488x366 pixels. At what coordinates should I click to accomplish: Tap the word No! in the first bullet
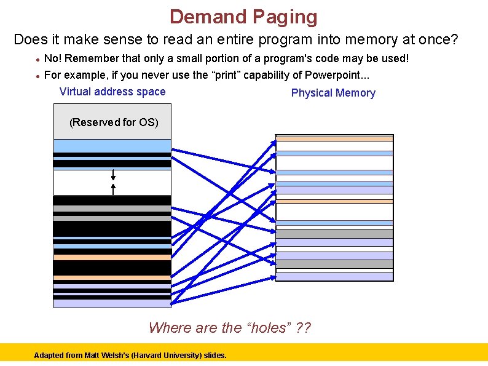click(x=53, y=58)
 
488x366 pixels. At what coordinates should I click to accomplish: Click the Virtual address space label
click(x=112, y=92)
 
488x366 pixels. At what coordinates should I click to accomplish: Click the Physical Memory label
click(x=333, y=93)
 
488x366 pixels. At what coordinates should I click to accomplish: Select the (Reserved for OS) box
click(x=114, y=122)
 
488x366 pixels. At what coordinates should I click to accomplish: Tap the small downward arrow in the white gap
click(x=113, y=176)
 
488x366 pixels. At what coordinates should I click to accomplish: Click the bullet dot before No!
click(x=38, y=60)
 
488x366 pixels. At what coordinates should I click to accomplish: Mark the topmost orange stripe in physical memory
click(x=334, y=139)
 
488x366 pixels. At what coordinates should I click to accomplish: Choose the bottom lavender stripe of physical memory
click(x=334, y=277)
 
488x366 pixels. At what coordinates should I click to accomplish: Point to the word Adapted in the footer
click(x=48, y=356)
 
